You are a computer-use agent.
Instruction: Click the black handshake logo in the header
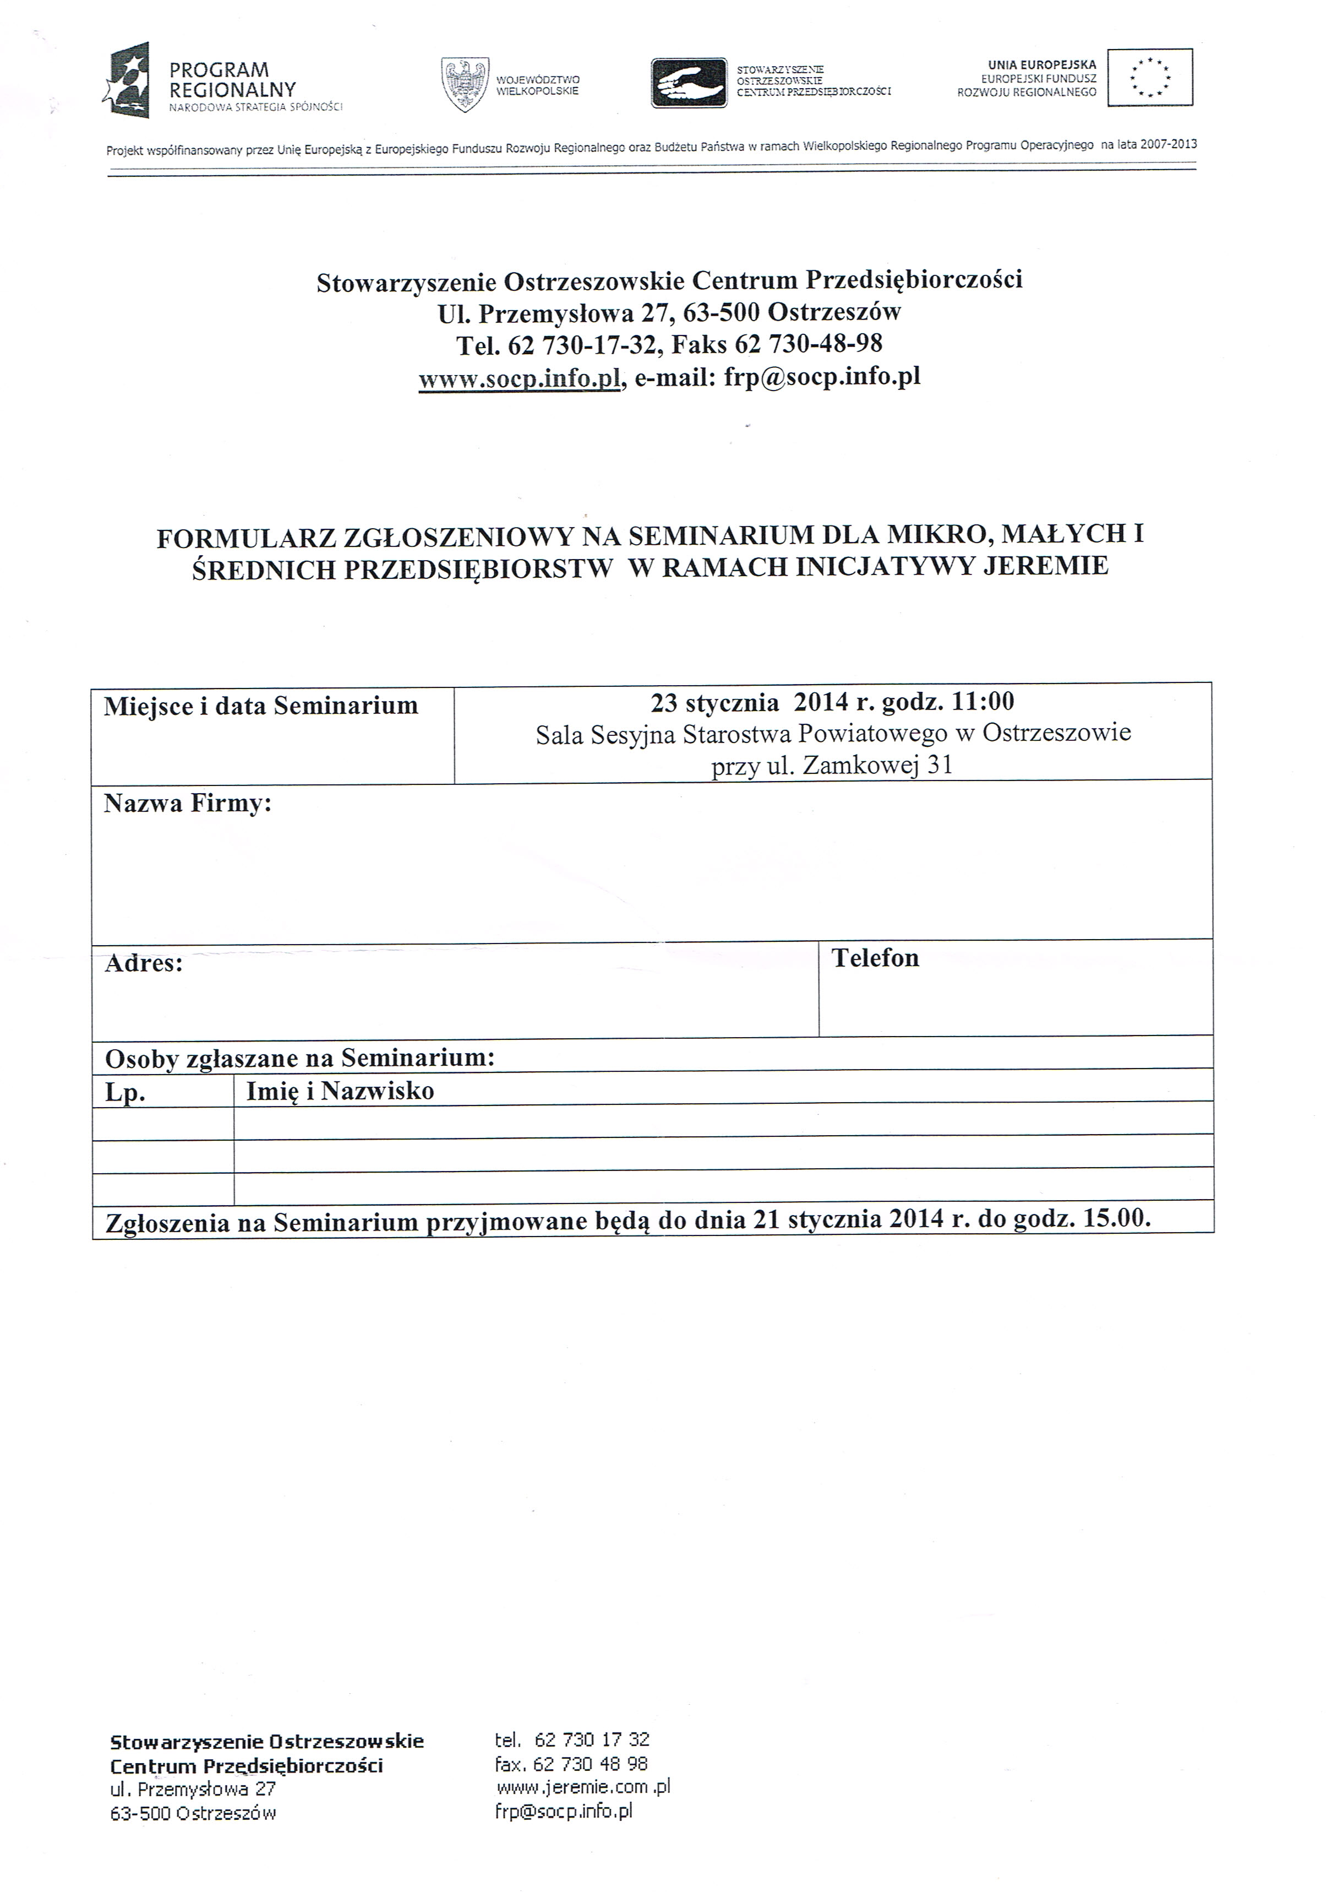point(689,83)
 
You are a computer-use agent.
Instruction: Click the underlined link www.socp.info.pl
point(519,379)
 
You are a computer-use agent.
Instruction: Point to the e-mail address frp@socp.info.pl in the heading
point(822,377)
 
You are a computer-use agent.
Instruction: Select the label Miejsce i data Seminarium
point(261,706)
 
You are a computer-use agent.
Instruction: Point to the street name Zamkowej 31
point(878,766)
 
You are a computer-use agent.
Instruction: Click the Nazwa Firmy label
point(188,804)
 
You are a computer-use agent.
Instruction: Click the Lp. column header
point(125,1093)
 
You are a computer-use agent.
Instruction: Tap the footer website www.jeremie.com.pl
point(583,1787)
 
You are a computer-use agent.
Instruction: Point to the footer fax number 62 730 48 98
point(591,1764)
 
